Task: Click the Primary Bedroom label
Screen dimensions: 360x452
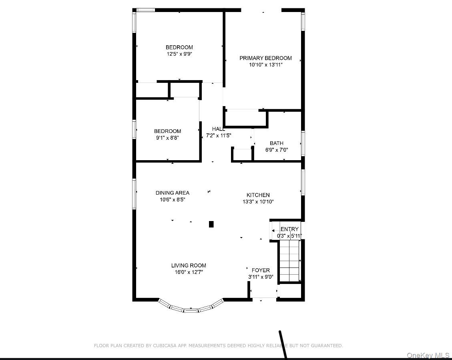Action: point(265,58)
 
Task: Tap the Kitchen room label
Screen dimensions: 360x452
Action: point(258,195)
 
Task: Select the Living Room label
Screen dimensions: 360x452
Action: point(189,265)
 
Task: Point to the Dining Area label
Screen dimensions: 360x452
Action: point(172,193)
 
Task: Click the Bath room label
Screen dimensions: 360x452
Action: point(276,143)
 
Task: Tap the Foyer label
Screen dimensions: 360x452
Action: point(261,270)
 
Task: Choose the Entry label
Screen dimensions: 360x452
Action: point(289,229)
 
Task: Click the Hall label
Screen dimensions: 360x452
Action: point(219,129)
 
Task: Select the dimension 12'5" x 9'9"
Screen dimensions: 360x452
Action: point(179,54)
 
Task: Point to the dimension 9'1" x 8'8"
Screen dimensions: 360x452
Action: point(167,137)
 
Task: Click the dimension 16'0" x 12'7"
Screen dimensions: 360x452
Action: point(189,272)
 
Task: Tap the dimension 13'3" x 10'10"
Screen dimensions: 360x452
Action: point(258,202)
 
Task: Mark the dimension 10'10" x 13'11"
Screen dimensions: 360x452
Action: point(265,64)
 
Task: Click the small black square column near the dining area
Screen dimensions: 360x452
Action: point(211,224)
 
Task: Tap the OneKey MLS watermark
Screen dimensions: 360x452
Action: point(428,355)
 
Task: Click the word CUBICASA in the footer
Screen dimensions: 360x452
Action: point(165,346)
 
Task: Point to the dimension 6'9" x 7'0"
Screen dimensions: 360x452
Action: point(276,150)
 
